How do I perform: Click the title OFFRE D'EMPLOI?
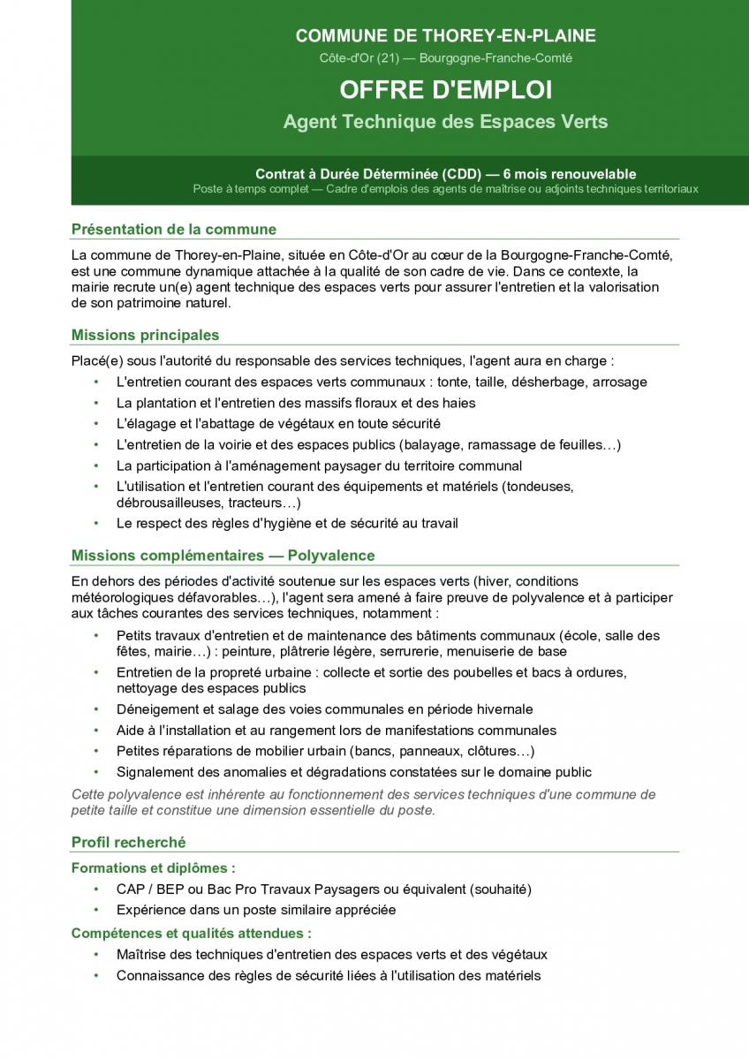[x=445, y=90]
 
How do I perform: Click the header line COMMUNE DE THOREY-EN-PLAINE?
[x=445, y=36]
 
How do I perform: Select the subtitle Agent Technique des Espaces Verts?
[x=445, y=122]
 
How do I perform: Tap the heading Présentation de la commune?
[x=174, y=230]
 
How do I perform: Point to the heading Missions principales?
[x=145, y=335]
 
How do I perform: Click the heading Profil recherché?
[x=129, y=842]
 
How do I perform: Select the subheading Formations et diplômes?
[x=153, y=868]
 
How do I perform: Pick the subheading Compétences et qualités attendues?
[x=191, y=933]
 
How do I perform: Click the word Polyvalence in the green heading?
[x=331, y=556]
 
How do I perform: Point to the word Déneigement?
[x=157, y=709]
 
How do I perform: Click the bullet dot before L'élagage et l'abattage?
[x=96, y=424]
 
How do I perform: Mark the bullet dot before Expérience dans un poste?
[x=96, y=910]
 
